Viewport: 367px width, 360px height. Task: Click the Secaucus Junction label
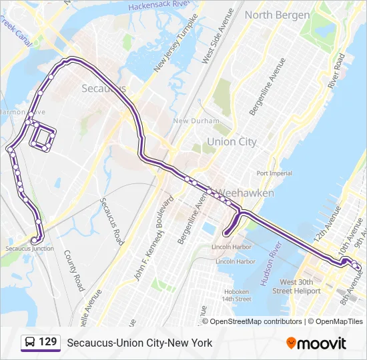click(x=29, y=248)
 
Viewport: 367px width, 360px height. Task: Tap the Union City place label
click(x=232, y=141)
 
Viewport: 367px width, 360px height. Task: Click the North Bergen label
click(x=277, y=15)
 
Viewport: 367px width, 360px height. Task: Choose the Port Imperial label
click(x=274, y=173)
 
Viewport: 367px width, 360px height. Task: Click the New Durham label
click(x=196, y=121)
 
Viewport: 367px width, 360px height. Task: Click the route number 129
click(x=47, y=342)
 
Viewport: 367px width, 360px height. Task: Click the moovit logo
click(x=316, y=343)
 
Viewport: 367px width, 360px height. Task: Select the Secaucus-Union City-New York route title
click(x=139, y=343)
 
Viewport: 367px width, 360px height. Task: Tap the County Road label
click(x=74, y=271)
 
